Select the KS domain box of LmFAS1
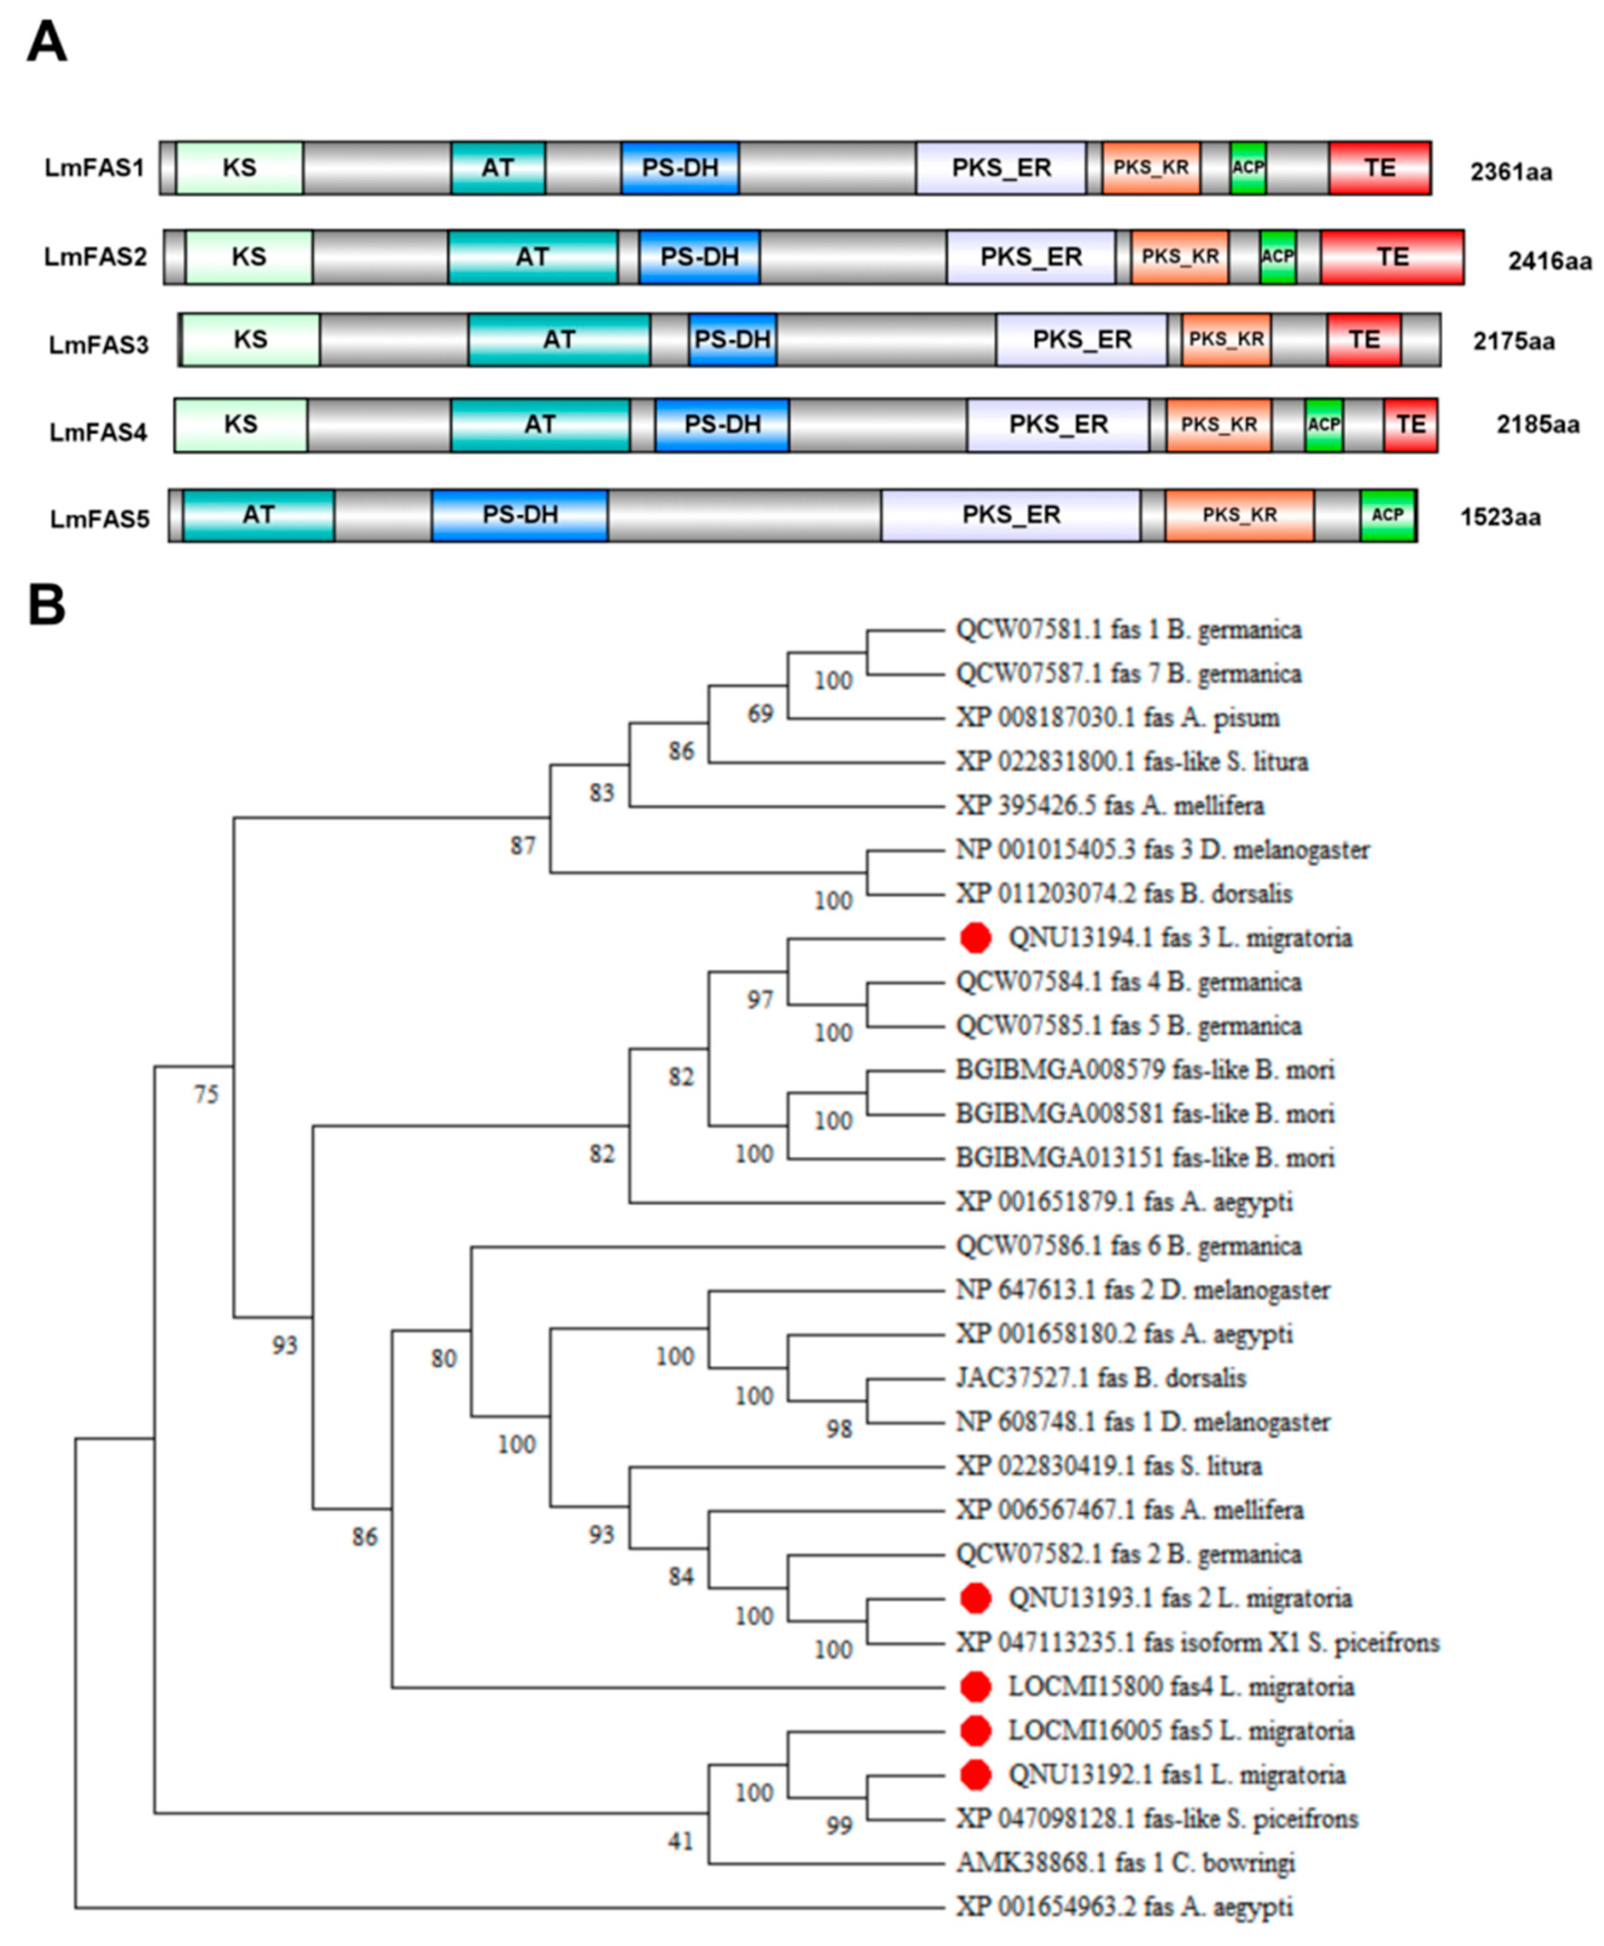pyautogui.click(x=239, y=168)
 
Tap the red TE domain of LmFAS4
pyautogui.click(x=1410, y=425)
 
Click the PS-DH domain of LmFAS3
pyautogui.click(x=733, y=340)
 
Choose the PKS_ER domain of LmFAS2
pyautogui.click(x=1030, y=257)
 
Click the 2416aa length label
pyautogui.click(x=1549, y=262)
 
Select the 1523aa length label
pyautogui.click(x=1500, y=517)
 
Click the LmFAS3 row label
pyautogui.click(x=99, y=345)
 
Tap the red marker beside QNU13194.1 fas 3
pyautogui.click(x=976, y=938)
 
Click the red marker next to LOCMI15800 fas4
pyautogui.click(x=976, y=1686)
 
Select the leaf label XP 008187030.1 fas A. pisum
pyautogui.click(x=1117, y=718)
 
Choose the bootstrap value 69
pyautogui.click(x=760, y=713)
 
